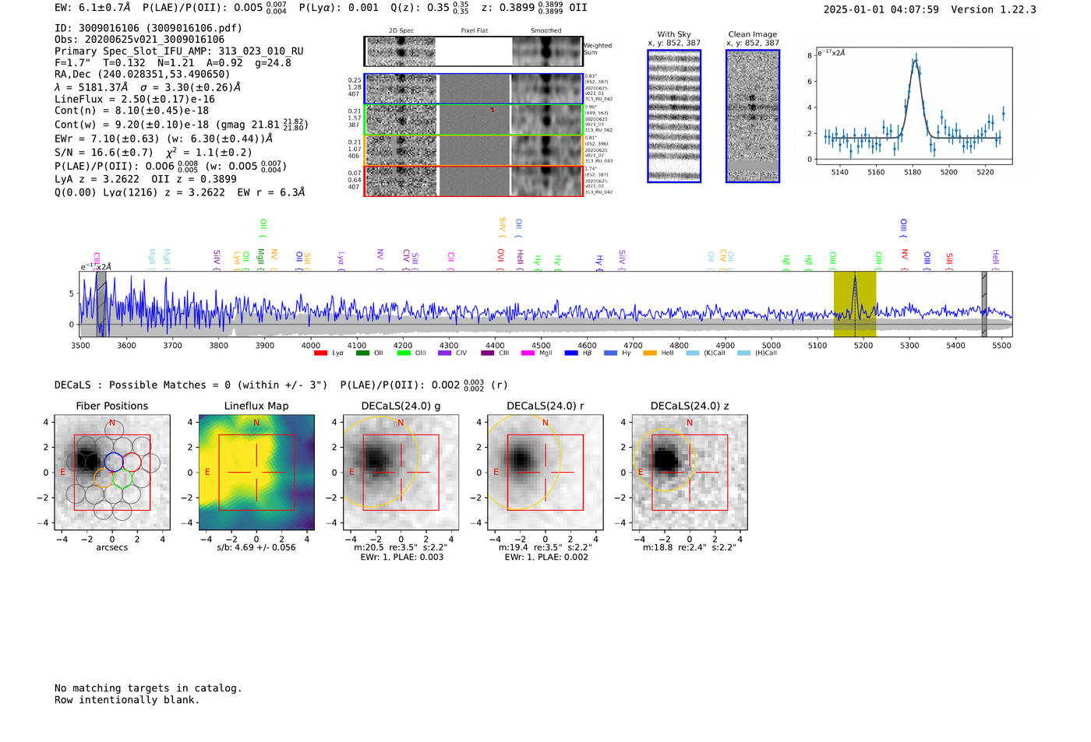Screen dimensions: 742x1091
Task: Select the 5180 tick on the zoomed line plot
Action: [912, 172]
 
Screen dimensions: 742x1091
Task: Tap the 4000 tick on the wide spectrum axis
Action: [311, 345]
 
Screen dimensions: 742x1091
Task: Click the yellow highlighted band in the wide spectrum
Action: [855, 304]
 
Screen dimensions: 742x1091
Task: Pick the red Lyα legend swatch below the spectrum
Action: [320, 353]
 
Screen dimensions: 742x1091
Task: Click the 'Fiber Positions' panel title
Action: [111, 406]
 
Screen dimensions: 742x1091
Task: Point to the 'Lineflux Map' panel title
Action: [256, 406]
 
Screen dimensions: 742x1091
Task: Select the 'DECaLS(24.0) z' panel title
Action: [689, 406]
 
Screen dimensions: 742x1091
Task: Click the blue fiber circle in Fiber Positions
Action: [114, 461]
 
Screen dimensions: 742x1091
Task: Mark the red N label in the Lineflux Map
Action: [256, 423]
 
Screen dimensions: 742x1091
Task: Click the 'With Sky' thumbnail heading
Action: [674, 34]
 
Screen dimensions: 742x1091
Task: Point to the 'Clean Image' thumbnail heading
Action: [752, 34]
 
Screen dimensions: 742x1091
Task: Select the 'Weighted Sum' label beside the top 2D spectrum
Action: [597, 49]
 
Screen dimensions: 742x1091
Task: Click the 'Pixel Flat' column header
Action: [474, 30]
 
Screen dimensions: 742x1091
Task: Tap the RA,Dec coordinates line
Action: [142, 74]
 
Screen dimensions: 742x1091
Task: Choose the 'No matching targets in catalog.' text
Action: [148, 688]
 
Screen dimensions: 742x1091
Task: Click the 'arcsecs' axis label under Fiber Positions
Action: [111, 547]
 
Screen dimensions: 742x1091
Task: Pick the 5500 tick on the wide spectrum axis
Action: [1001, 345]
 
